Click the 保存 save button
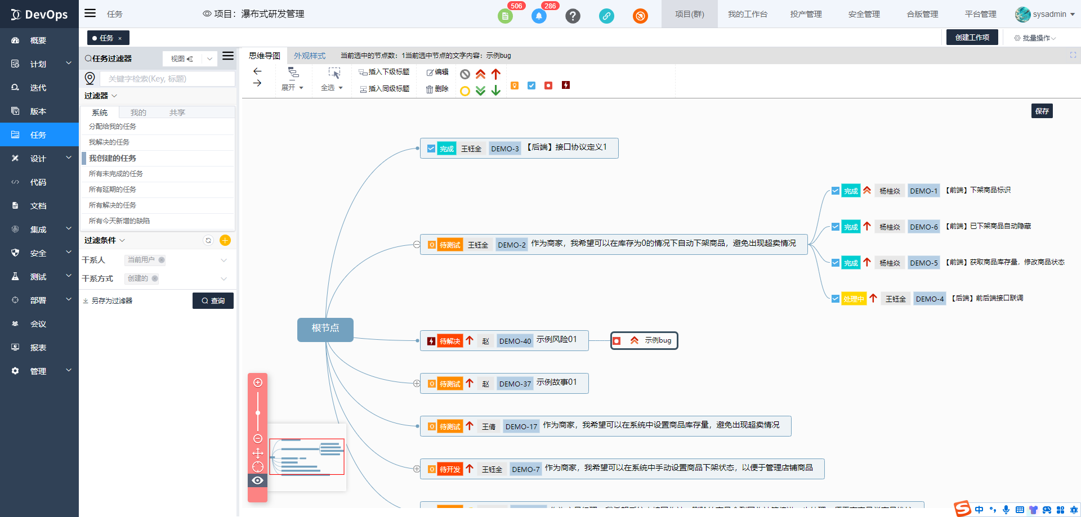pos(1042,111)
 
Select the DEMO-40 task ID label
pos(515,341)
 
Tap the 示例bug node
pos(644,340)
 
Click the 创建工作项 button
pos(972,37)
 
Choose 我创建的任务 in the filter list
pos(113,158)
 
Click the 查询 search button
pos(213,300)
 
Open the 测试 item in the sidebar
pos(38,277)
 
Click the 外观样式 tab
pos(309,56)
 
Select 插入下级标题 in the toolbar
pos(384,72)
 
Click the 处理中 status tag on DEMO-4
pos(854,299)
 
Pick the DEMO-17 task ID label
pos(521,426)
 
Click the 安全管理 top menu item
pos(864,14)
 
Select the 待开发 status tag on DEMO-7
pos(449,469)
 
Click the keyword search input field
pos(167,79)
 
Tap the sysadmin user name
pos(1049,14)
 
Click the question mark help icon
pos(573,16)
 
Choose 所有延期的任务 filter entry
pos(113,190)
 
